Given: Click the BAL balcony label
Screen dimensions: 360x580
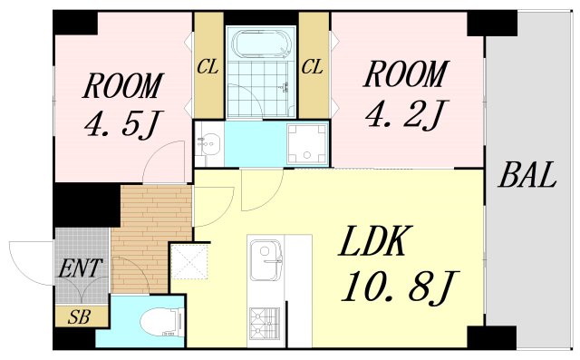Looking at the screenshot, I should click(527, 175).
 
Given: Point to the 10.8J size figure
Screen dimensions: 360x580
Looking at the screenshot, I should click(396, 287).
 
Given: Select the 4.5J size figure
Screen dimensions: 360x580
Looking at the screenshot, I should click(124, 122).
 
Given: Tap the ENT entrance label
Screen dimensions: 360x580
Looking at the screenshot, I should click(82, 269).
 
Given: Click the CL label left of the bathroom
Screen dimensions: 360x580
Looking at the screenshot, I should click(208, 66).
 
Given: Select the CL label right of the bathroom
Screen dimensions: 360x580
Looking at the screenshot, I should click(313, 66).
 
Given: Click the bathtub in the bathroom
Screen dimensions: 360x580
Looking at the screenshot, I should click(260, 44).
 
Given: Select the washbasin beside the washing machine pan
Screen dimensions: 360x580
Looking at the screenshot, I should click(209, 143).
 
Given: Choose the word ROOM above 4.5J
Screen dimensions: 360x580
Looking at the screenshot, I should click(124, 86).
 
